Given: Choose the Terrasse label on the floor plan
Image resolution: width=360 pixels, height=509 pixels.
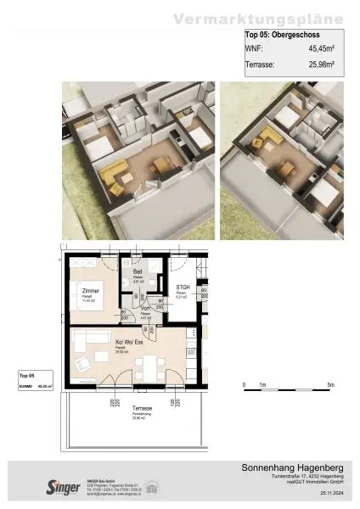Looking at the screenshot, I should [143, 409].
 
